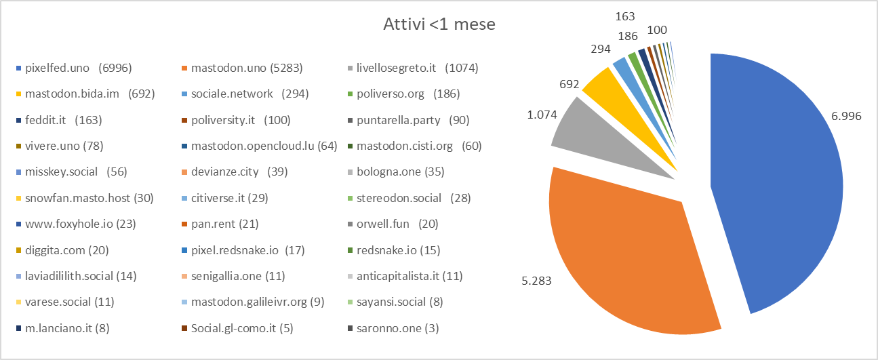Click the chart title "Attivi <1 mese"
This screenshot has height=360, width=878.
439,25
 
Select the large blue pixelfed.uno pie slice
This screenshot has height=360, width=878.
780,183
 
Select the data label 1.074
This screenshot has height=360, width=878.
542,115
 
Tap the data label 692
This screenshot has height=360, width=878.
569,85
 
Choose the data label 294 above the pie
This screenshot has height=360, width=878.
600,49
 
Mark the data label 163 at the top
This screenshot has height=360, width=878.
625,14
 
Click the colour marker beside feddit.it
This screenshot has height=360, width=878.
19,121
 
